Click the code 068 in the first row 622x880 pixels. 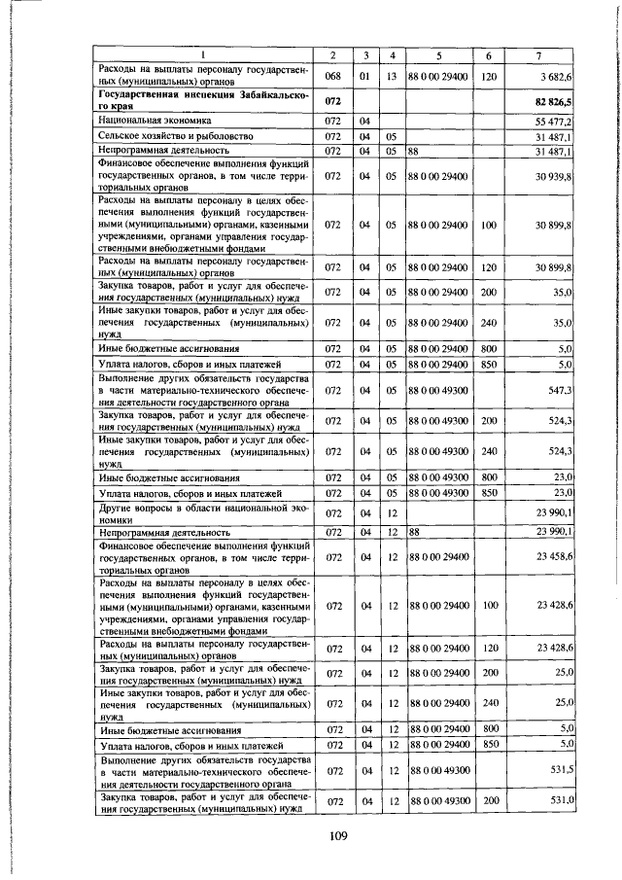(333, 75)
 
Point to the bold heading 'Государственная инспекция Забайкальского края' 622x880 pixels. (204, 100)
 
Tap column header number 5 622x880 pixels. (438, 54)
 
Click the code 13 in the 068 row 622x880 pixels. (391, 75)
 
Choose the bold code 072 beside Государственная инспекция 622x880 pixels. (333, 100)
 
